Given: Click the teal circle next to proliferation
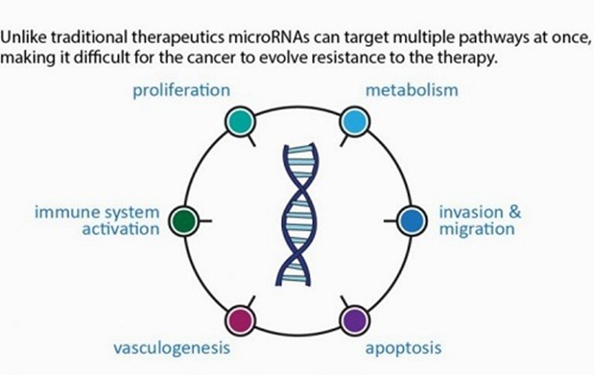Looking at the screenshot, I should [x=242, y=121].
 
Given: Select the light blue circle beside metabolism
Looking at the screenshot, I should [x=353, y=121].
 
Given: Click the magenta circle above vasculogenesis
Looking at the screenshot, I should [x=242, y=319].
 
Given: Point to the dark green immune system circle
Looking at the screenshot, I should [x=186, y=221].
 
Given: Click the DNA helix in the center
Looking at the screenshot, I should [x=297, y=219].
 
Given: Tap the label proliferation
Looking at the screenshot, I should [x=182, y=91].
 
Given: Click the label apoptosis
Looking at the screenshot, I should [x=403, y=349].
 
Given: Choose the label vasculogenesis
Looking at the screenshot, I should [x=171, y=349].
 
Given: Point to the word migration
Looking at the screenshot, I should [x=476, y=229].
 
